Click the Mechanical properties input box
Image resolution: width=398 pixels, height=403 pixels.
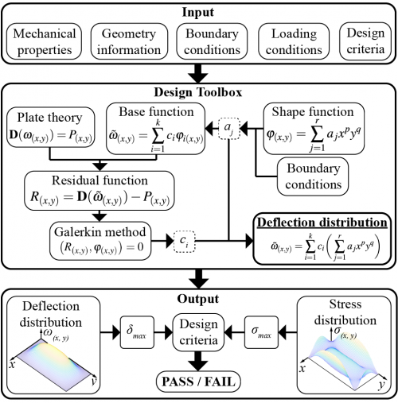point(44,41)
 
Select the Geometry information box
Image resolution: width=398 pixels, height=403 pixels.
point(129,41)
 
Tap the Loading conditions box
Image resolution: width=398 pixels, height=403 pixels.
point(294,41)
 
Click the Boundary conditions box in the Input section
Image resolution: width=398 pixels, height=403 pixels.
point(212,41)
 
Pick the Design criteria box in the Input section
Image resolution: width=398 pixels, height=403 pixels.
point(365,41)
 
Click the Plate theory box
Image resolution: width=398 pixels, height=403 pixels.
point(50,127)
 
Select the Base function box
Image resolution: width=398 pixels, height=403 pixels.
point(156,129)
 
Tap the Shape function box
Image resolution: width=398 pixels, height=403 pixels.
point(314,129)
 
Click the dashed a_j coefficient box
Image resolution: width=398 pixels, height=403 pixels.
point(229,129)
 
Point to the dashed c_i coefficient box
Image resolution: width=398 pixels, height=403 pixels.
point(185,242)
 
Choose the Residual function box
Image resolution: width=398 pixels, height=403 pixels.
point(99,191)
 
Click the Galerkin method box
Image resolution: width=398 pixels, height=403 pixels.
point(100,241)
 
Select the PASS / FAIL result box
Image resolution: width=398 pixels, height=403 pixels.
point(198,382)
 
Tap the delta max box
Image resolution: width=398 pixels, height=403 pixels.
point(137,332)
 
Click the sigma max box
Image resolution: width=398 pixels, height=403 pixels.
point(261,332)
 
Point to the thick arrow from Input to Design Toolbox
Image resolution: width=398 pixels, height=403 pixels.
point(198,73)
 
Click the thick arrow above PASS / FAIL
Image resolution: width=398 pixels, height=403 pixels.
point(198,361)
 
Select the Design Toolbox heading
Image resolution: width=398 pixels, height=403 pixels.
point(198,92)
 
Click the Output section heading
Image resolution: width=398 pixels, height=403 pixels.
point(198,299)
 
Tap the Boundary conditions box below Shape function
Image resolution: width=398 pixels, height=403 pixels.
point(313,176)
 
